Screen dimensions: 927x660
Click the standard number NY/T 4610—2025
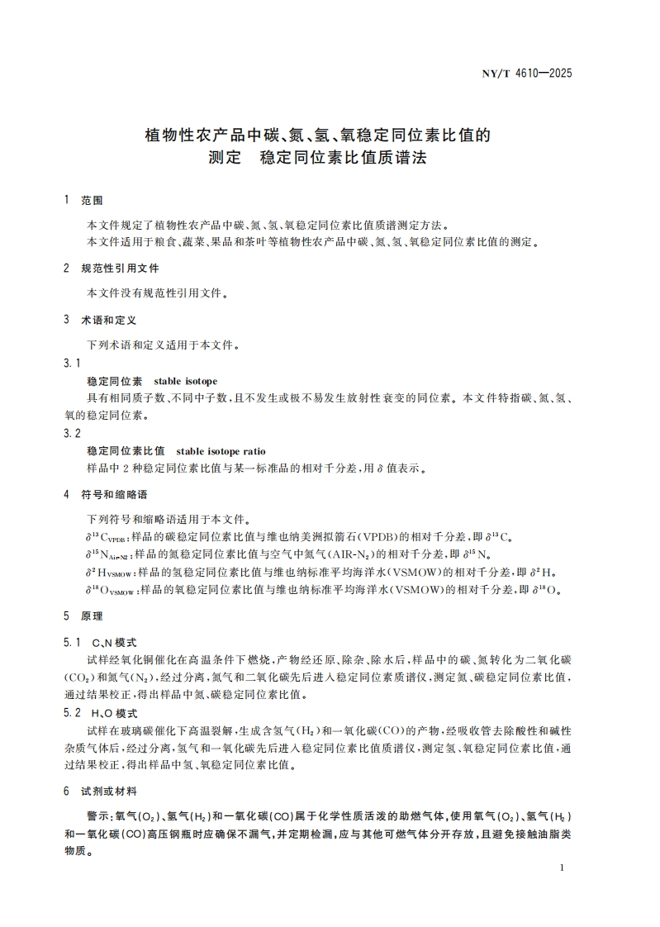coord(526,73)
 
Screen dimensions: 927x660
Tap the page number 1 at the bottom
coord(562,868)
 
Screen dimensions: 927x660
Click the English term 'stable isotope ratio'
coord(221,451)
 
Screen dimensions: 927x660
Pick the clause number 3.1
coord(72,364)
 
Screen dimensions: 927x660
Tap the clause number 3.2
coord(72,433)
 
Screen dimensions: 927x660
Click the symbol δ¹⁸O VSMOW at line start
coord(112,591)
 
